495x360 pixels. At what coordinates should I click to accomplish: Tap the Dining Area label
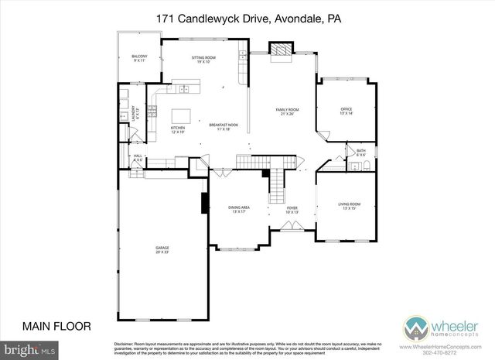coord(238,209)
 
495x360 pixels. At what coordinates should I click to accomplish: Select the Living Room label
coord(350,206)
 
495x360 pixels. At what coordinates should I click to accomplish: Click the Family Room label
coord(288,111)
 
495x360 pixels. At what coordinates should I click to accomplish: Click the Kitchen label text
coord(179,129)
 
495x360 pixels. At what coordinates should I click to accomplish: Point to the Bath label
coord(361,153)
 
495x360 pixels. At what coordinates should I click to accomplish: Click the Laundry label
coord(133,114)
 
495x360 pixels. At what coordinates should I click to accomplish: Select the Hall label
coord(138,157)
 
